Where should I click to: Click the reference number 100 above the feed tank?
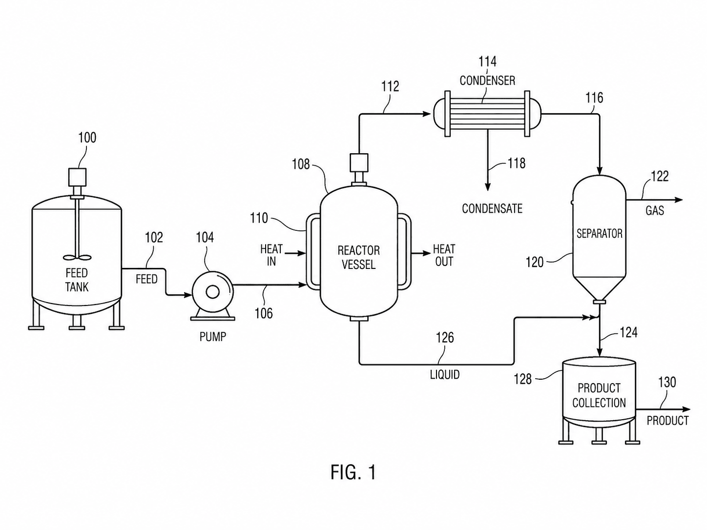[x=87, y=138]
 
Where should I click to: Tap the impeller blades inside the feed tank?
[x=77, y=258]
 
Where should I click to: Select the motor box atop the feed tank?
[x=77, y=177]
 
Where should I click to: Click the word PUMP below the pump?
[x=212, y=337]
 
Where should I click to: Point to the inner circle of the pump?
[x=212, y=292]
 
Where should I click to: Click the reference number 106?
[x=264, y=313]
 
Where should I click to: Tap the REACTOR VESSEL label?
[x=358, y=258]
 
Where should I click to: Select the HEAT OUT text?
[x=444, y=255]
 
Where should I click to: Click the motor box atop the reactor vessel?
[x=359, y=163]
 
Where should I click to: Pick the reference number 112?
[x=390, y=86]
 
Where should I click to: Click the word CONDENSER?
[x=487, y=81]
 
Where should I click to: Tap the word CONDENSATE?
[x=492, y=209]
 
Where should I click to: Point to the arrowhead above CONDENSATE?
[x=488, y=187]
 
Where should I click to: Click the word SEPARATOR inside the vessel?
[x=600, y=234]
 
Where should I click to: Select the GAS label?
[x=655, y=211]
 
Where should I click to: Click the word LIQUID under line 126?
[x=445, y=375]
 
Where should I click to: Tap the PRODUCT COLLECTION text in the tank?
[x=599, y=395]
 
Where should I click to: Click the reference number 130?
[x=667, y=382]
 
